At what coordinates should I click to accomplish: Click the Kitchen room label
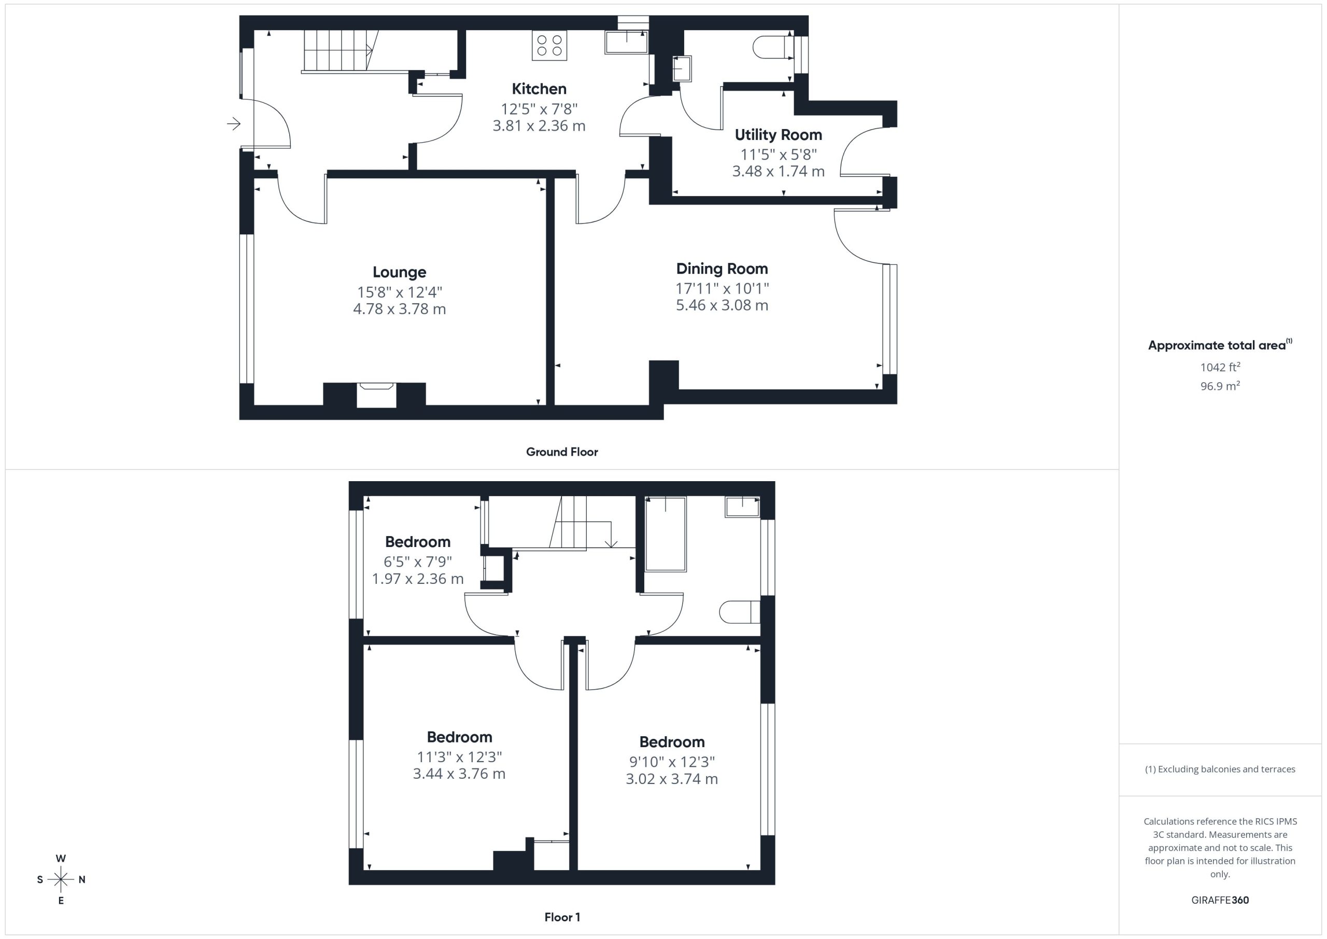tap(539, 89)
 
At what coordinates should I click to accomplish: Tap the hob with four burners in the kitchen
tap(549, 45)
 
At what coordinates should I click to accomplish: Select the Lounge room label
tap(399, 272)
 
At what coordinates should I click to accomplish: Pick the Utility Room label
tap(779, 135)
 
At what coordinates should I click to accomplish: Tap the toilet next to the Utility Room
tap(773, 46)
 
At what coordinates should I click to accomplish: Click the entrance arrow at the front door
tap(233, 123)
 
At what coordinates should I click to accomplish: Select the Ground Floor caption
tap(562, 452)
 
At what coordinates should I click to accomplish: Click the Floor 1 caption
tap(562, 917)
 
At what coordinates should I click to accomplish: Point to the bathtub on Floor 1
tap(665, 534)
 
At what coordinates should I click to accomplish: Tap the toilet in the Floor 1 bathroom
tap(740, 612)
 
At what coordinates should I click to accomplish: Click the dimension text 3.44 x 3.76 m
tap(459, 774)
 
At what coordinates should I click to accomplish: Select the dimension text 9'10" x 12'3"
tap(672, 762)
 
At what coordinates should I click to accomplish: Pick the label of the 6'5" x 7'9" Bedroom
tap(417, 542)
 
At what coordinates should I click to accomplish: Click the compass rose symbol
tap(61, 879)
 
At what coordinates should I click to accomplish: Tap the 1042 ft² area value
tap(1220, 367)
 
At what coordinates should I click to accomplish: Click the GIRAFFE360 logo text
tap(1220, 900)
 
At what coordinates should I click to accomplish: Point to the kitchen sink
tap(627, 42)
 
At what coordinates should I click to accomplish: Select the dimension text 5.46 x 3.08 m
tap(722, 305)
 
